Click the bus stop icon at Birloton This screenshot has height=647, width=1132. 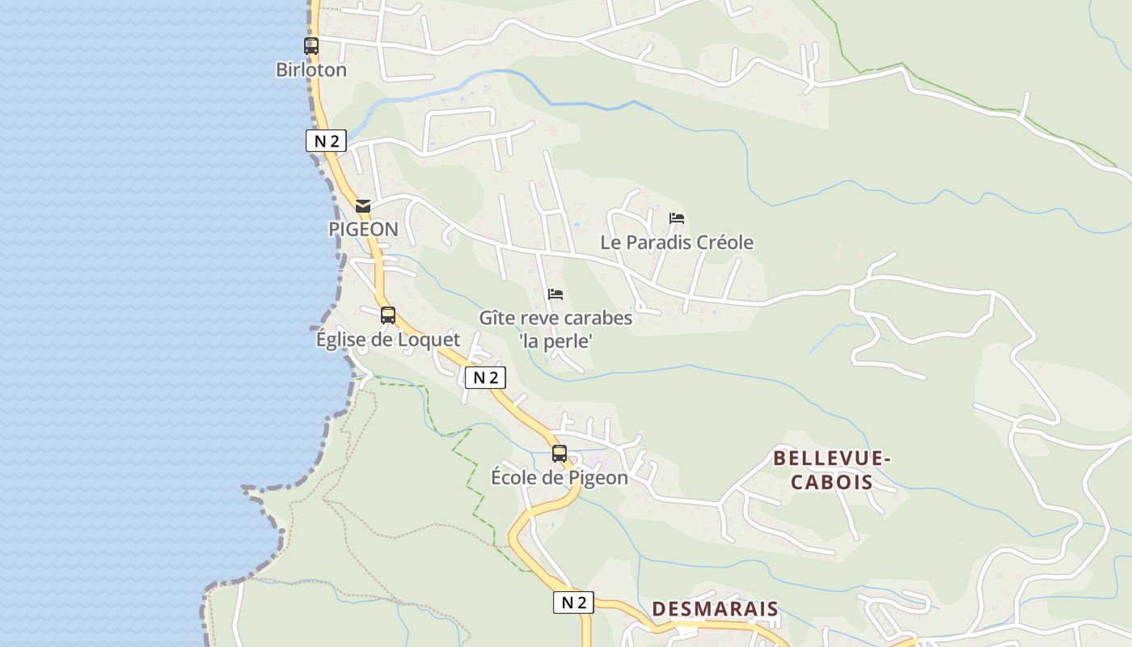click(x=311, y=46)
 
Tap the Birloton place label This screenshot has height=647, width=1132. click(x=311, y=70)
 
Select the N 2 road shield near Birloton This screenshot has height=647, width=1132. click(x=326, y=141)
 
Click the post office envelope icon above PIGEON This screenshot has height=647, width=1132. click(x=363, y=206)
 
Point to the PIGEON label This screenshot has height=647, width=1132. click(x=363, y=229)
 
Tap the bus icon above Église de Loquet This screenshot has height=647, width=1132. click(x=388, y=315)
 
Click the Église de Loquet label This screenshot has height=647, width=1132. click(x=388, y=340)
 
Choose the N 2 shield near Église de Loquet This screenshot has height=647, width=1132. click(x=485, y=377)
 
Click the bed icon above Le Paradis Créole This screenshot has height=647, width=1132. click(x=677, y=218)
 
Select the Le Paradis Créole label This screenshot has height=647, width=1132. click(x=677, y=243)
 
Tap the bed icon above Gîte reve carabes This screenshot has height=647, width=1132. click(x=555, y=294)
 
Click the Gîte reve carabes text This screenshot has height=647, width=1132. click(x=555, y=318)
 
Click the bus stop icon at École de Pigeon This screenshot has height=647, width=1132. click(x=560, y=454)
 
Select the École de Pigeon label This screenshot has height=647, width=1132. click(x=560, y=478)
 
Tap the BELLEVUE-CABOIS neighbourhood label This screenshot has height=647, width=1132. click(x=832, y=470)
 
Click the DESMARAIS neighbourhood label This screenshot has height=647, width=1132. click(x=715, y=609)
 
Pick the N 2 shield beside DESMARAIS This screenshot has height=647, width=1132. click(x=573, y=602)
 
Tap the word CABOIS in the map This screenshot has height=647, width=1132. click(x=832, y=483)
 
